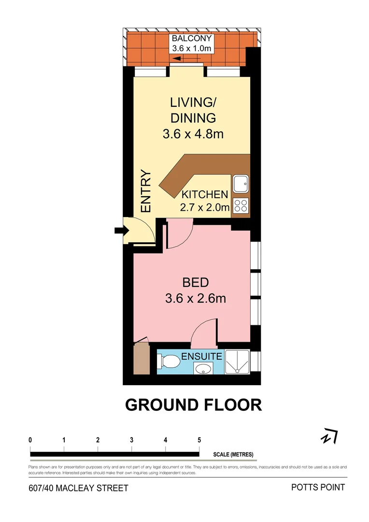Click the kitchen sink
(x=241, y=184)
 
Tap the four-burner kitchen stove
(x=241, y=206)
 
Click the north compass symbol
(x=329, y=436)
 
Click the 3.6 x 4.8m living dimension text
(x=193, y=133)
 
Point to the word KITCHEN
(x=204, y=195)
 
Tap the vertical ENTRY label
(x=146, y=191)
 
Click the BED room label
(x=195, y=282)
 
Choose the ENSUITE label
(x=202, y=357)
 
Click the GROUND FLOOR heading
(x=193, y=405)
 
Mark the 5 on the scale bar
(x=199, y=440)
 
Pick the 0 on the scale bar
(x=30, y=440)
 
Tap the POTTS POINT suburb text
(x=318, y=487)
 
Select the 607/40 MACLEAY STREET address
(x=78, y=488)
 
